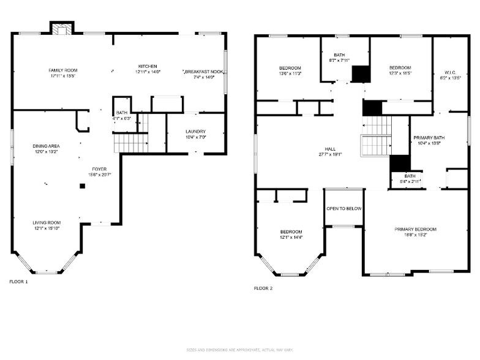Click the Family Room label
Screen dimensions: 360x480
(x=63, y=70)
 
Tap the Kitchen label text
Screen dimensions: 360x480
(x=147, y=66)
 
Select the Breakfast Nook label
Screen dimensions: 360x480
(x=204, y=72)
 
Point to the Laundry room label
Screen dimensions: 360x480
(x=195, y=131)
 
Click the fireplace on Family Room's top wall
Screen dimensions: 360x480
(x=61, y=28)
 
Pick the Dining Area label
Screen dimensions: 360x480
(x=46, y=146)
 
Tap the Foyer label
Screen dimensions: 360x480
(x=99, y=169)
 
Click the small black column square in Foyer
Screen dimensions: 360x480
(x=82, y=186)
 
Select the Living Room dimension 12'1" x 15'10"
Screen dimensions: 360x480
(x=47, y=228)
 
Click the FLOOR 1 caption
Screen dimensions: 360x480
(x=18, y=282)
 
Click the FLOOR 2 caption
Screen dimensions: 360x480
(x=263, y=288)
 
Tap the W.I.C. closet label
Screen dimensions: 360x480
(x=450, y=73)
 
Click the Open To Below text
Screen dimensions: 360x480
(x=343, y=209)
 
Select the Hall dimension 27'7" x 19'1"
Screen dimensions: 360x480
(x=333, y=154)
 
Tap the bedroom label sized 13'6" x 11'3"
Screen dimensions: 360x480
(x=290, y=67)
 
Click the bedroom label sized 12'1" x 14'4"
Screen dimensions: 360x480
(x=291, y=231)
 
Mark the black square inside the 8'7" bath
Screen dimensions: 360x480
(x=361, y=73)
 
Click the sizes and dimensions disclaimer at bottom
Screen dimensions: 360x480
(x=239, y=350)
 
